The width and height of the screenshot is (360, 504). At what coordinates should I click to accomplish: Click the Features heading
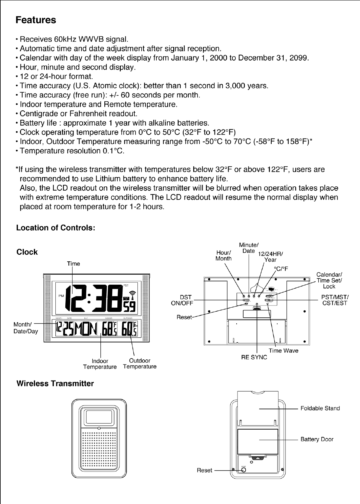coord(36,20)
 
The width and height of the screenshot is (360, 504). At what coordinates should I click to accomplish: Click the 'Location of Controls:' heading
coord(56,228)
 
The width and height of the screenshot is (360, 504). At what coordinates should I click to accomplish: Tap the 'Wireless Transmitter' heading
coord(55,384)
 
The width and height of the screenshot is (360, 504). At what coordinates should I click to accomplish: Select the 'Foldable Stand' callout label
coord(320,408)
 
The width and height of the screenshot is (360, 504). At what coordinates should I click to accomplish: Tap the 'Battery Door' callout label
coord(317,439)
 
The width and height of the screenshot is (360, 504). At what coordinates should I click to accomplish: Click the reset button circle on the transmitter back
coord(244,470)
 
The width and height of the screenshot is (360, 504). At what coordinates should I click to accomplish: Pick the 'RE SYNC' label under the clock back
coord(254,357)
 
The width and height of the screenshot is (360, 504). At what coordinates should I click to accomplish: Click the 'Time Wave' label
coord(283,351)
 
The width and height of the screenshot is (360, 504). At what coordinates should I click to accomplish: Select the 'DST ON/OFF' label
coord(182,300)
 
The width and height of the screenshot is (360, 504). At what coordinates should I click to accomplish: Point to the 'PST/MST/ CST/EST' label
coord(335,300)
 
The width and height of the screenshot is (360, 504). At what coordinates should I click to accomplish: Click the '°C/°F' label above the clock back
coord(281,269)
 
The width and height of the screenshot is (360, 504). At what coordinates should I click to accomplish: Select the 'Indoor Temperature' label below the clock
coord(100,364)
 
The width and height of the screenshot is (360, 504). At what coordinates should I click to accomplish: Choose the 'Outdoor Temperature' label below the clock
coord(140,364)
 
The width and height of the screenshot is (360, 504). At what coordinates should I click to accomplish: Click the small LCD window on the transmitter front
coord(99,417)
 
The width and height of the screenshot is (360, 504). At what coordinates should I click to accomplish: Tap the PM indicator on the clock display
coord(61,296)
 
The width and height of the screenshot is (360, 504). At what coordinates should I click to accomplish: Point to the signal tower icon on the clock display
coord(133,295)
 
